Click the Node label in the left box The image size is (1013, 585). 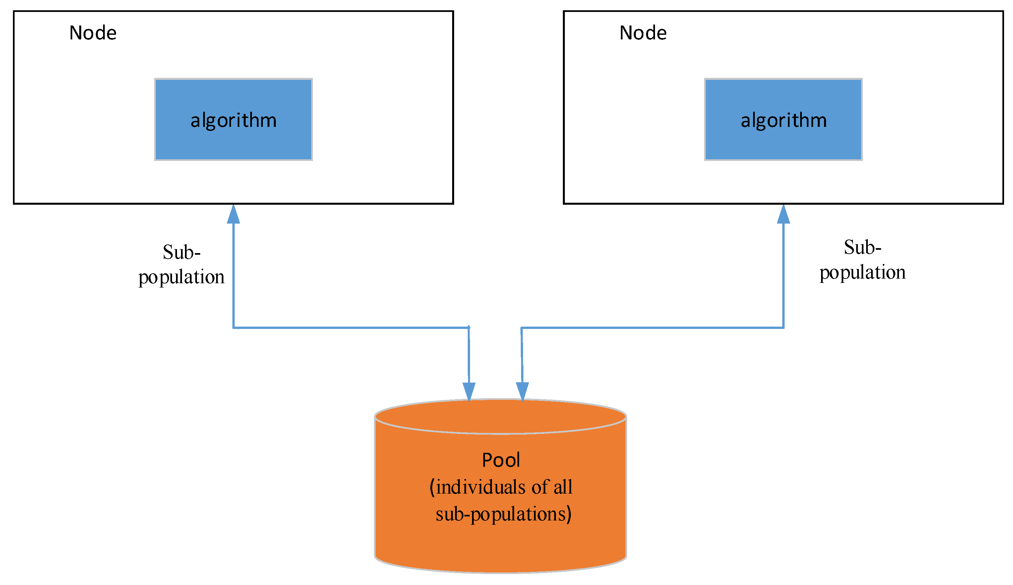[93, 33]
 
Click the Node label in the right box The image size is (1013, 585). [643, 33]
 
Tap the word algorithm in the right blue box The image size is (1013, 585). [784, 121]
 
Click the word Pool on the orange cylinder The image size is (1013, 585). [501, 460]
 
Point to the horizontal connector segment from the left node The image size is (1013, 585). [350, 328]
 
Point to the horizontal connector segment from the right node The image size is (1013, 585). [651, 328]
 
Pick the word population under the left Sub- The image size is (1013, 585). [181, 277]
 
